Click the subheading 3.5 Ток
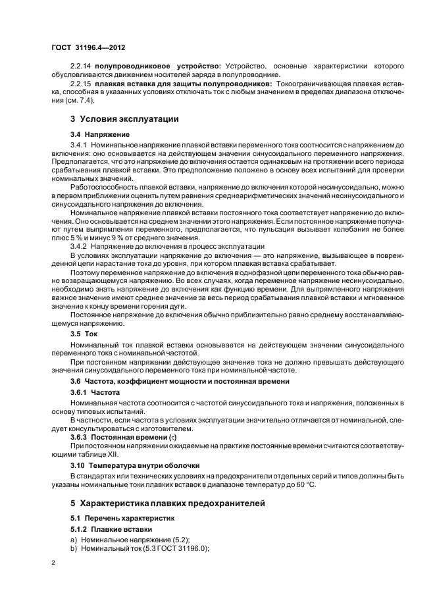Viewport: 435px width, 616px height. click(x=84, y=334)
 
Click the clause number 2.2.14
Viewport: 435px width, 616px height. click(x=81, y=66)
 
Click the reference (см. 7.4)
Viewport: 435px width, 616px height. click(x=74, y=101)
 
